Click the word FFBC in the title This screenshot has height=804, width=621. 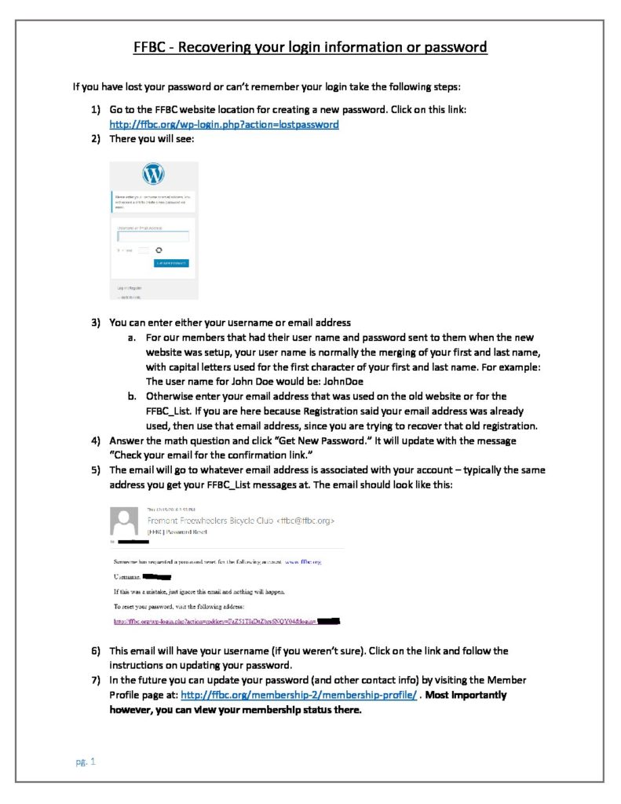[152, 47]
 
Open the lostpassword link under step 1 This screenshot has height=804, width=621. [224, 124]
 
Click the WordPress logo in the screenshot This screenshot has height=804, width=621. [154, 174]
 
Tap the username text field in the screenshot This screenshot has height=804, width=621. [153, 236]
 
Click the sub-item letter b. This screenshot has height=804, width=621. [132, 396]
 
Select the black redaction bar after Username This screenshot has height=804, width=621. [166, 576]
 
